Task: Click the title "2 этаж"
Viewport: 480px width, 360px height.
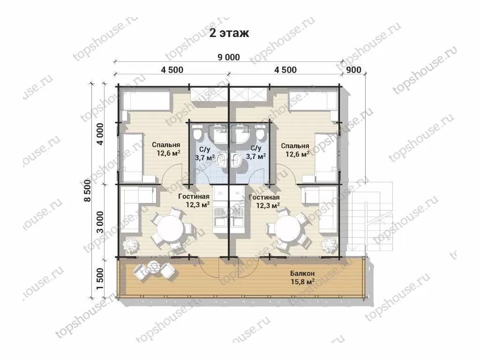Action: (x=229, y=33)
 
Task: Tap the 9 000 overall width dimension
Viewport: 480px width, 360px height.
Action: (x=229, y=57)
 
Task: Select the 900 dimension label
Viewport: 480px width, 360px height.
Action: (x=353, y=70)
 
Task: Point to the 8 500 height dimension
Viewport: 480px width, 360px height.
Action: (x=87, y=190)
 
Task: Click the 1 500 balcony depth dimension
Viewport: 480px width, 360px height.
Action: (x=100, y=279)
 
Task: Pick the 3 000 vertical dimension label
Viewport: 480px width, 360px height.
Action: (x=100, y=222)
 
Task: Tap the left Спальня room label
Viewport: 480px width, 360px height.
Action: (x=166, y=145)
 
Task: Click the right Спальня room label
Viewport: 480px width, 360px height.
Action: (x=295, y=146)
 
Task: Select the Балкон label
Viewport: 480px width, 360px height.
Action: (x=302, y=273)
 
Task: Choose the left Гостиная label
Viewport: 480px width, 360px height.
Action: (x=194, y=196)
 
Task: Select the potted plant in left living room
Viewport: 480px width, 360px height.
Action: (x=130, y=244)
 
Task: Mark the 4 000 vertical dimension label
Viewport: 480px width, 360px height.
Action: (x=100, y=134)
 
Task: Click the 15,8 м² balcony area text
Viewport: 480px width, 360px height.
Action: (x=303, y=282)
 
